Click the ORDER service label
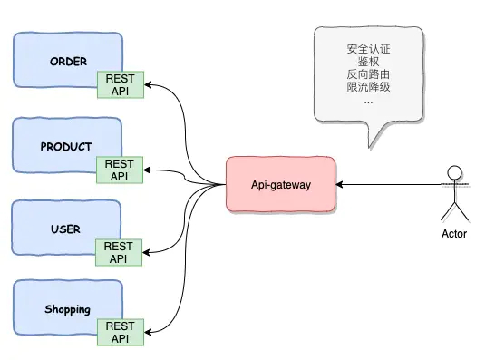68,62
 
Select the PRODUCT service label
66,147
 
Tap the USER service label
65,229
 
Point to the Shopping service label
68,309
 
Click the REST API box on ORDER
121,84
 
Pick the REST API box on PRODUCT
120,170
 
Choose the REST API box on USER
119,252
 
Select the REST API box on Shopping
121,332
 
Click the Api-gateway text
281,185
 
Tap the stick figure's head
454,173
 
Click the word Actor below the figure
454,234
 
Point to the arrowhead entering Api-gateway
339,184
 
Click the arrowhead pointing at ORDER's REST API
148,84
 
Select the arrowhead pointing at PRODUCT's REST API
147,170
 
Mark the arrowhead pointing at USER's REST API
146,252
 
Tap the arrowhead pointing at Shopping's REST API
148,332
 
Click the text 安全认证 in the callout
368,49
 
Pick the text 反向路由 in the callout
368,74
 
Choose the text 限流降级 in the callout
368,87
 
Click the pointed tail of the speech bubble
370,147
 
